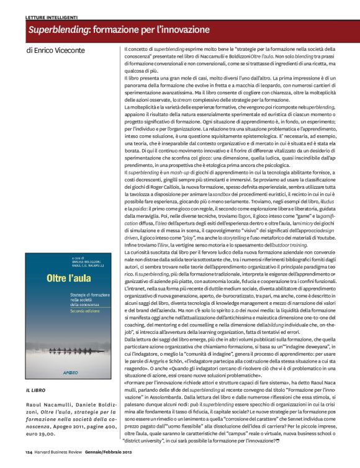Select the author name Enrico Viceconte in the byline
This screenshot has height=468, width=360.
click(61, 49)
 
